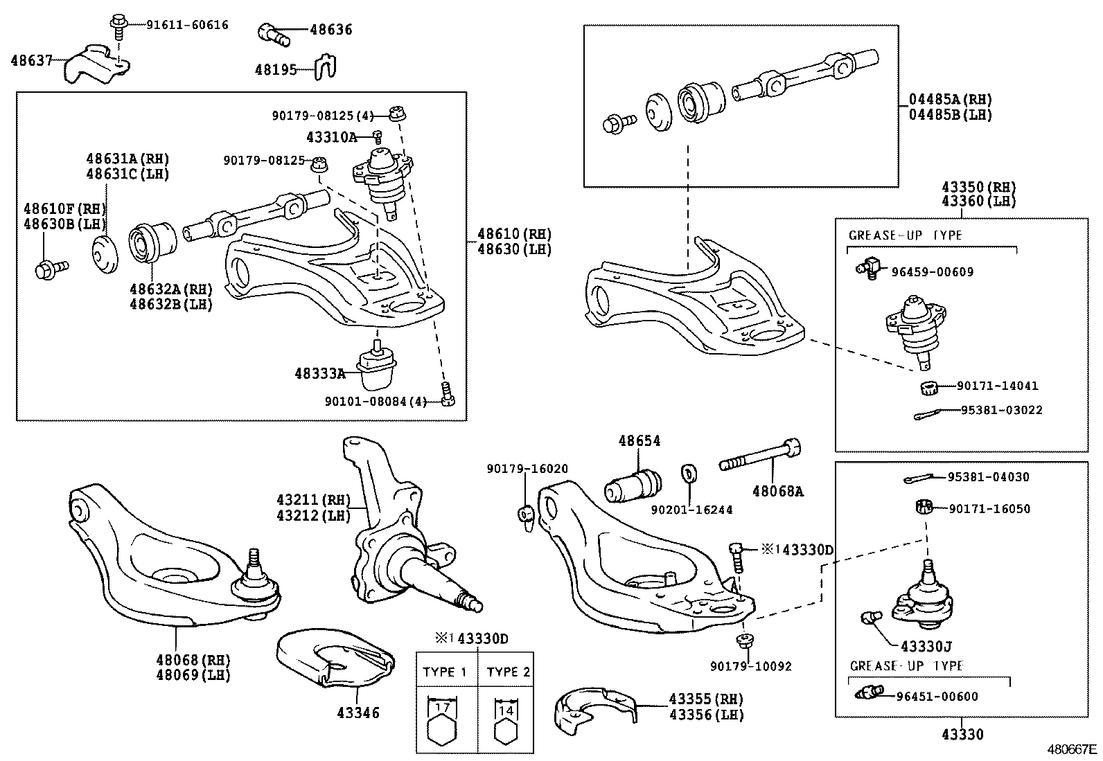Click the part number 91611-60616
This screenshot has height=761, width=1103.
(x=186, y=25)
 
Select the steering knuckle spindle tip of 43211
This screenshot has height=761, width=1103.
(x=475, y=605)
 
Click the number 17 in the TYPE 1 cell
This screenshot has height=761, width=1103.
(x=443, y=708)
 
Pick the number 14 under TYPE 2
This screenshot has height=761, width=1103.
(x=506, y=710)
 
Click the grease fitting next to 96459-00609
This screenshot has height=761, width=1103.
(x=866, y=267)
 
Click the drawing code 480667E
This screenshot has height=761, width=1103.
(x=1071, y=749)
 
